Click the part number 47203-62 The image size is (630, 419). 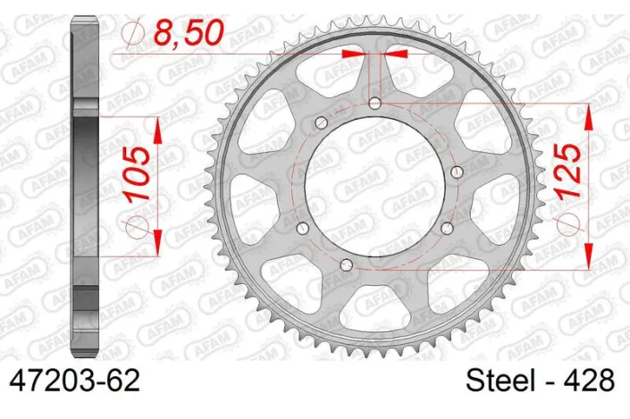73,383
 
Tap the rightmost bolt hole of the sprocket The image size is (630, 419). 457,172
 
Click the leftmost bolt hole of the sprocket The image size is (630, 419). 298,227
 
